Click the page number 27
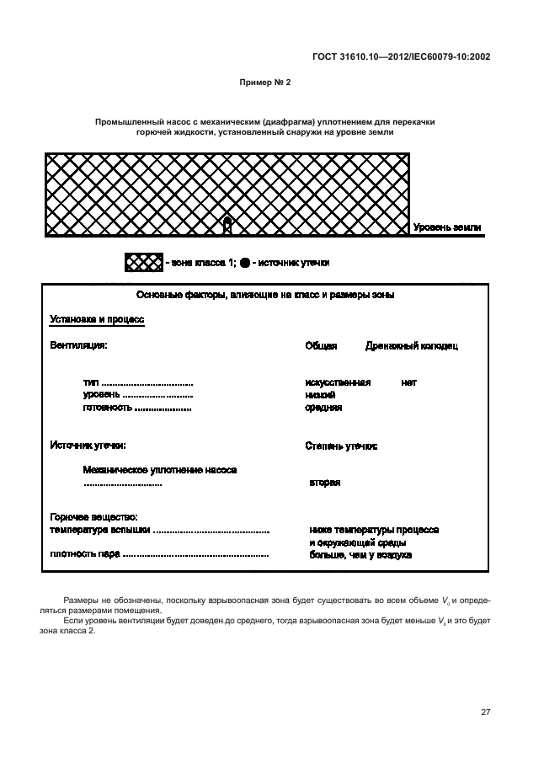click(x=485, y=712)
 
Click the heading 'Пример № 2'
click(x=265, y=83)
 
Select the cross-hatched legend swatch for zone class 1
click(x=143, y=263)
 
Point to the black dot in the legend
click(x=244, y=263)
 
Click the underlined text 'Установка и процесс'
click(x=98, y=320)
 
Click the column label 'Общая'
click(x=321, y=345)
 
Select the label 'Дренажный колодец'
click(x=412, y=345)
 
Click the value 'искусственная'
click(x=338, y=382)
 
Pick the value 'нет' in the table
click(x=409, y=382)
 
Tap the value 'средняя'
click(x=323, y=408)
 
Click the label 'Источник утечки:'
click(x=88, y=445)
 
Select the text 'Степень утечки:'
click(x=341, y=446)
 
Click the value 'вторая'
click(x=324, y=483)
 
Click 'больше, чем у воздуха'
click(x=360, y=555)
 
